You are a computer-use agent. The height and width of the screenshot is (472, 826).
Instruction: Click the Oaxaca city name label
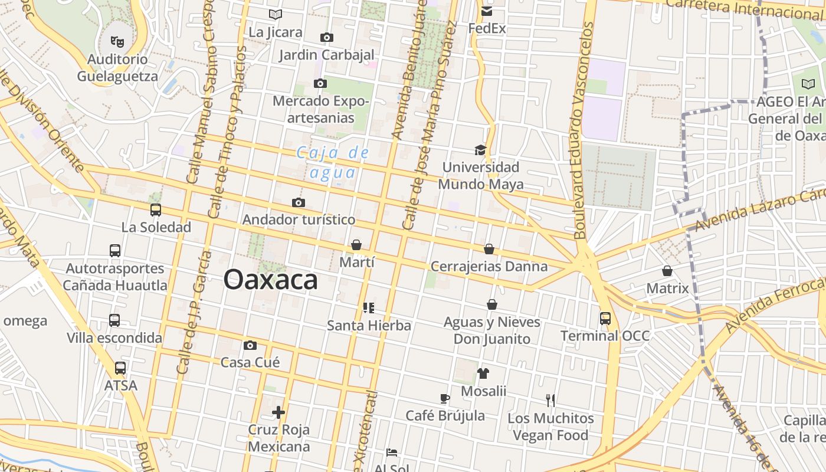click(271, 280)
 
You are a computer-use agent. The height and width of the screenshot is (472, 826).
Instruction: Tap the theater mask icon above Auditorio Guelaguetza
click(118, 42)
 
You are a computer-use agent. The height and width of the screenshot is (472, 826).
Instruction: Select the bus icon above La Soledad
click(156, 209)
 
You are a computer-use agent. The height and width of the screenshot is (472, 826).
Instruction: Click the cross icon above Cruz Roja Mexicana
click(278, 412)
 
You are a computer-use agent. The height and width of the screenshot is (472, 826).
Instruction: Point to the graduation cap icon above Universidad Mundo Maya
click(480, 150)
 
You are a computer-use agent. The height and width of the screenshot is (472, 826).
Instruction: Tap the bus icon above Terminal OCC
click(605, 319)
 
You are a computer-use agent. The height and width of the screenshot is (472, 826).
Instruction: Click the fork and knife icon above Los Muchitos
click(550, 401)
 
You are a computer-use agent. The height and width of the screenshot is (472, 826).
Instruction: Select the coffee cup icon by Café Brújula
click(445, 399)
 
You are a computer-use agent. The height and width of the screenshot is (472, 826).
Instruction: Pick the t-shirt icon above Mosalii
click(483, 373)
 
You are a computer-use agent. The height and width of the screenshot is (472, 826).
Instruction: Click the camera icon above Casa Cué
click(250, 345)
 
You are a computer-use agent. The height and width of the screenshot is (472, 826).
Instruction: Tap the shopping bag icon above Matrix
click(667, 271)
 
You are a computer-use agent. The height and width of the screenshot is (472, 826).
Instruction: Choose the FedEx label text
click(487, 28)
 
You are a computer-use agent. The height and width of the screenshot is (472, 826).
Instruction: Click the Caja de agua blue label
click(333, 162)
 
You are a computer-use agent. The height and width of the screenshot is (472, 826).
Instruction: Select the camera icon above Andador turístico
click(299, 203)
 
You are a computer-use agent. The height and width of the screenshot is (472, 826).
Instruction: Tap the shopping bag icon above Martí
click(356, 245)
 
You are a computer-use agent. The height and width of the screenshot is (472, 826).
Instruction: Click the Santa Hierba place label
click(369, 325)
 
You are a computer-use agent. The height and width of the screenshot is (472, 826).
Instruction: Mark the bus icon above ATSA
click(120, 368)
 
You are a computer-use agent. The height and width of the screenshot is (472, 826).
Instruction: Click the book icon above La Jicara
click(275, 14)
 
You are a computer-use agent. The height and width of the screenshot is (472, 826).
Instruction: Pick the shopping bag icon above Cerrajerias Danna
click(489, 249)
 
